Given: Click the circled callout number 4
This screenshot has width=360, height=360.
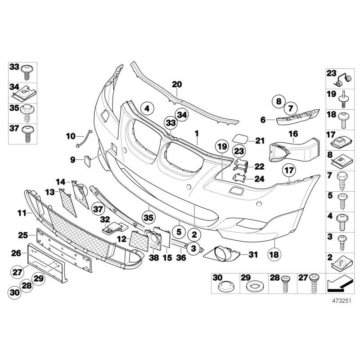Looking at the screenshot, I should pos(146,108).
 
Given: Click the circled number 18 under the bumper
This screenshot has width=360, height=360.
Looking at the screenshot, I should pos(274,255).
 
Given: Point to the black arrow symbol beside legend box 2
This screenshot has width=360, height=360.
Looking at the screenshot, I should pos(337,283).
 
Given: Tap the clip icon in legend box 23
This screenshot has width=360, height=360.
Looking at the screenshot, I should pos(344,79).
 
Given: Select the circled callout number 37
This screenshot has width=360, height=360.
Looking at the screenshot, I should pos(97,208).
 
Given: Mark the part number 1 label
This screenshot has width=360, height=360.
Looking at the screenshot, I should pos(196,134).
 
